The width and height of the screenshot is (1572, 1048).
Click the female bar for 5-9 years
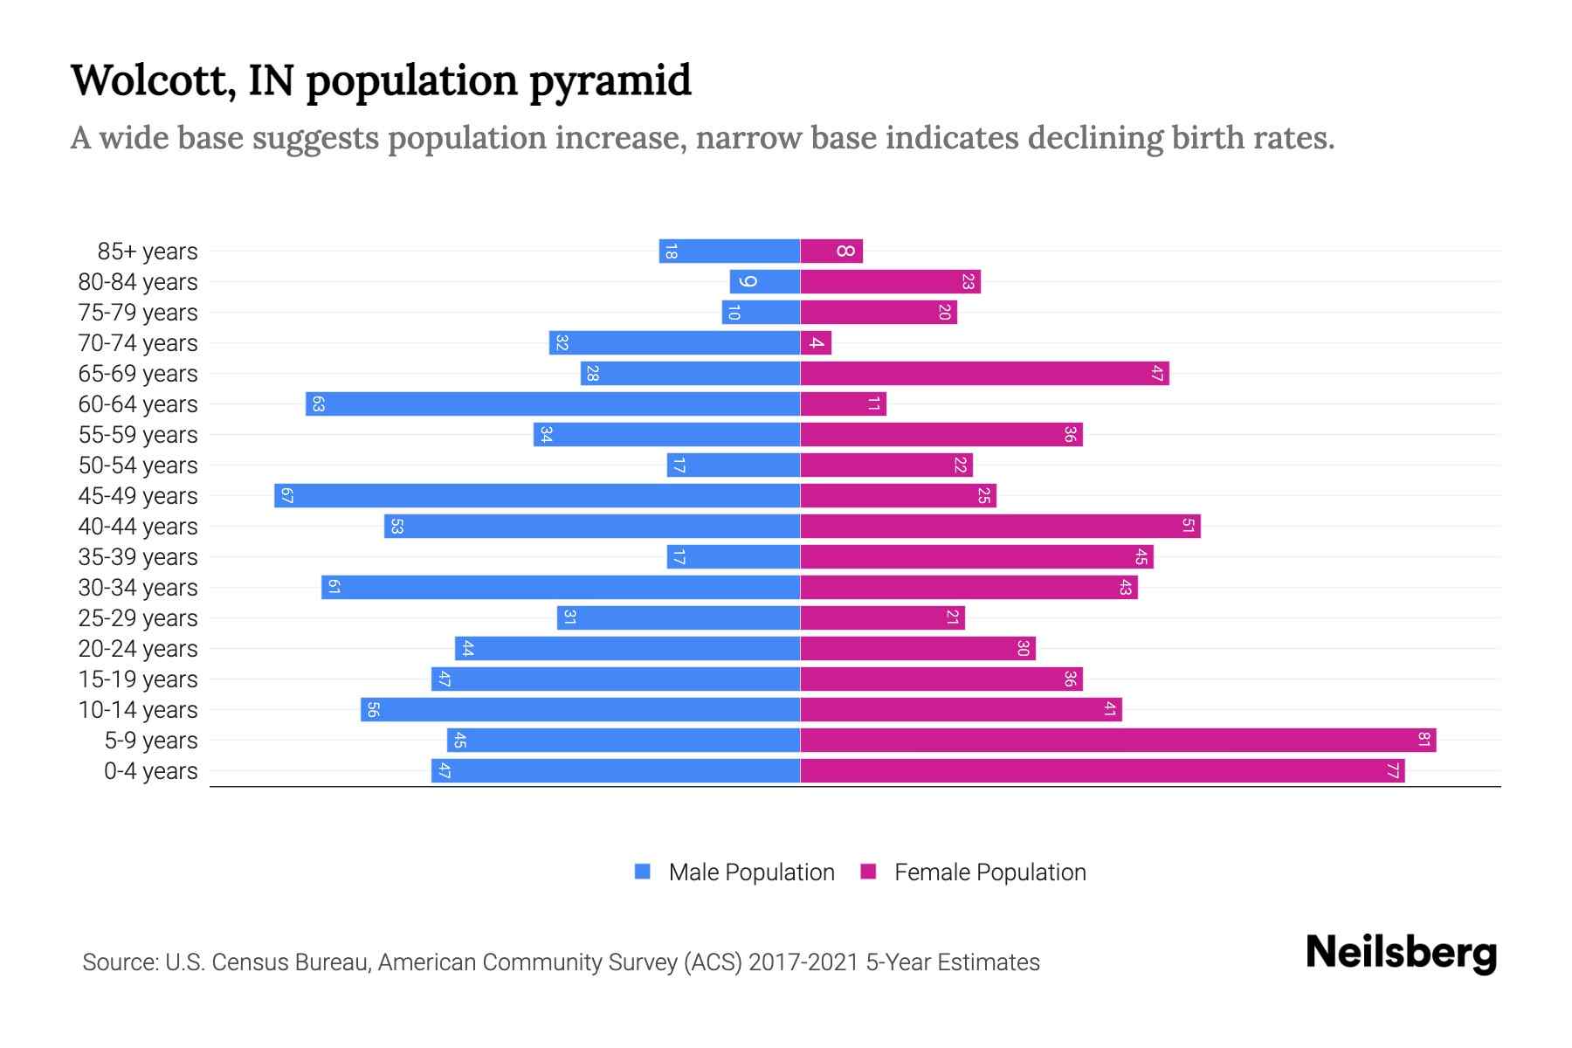coord(1118,741)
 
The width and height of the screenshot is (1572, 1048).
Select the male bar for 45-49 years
coord(537,496)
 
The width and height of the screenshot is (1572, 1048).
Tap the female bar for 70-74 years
coord(816,343)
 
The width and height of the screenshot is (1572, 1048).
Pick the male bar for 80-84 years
coord(765,282)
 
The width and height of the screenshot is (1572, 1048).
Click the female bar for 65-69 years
coord(984,374)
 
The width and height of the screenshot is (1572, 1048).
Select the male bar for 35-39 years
coord(734,557)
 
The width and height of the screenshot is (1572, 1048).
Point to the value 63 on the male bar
coord(318,404)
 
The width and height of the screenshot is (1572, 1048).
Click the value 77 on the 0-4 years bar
coord(1393,771)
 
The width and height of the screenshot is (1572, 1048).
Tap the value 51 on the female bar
coord(1189,527)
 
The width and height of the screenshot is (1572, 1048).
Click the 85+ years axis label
coord(147,252)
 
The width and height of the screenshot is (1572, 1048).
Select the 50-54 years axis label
coord(138,465)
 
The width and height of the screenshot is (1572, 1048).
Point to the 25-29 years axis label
coord(138,618)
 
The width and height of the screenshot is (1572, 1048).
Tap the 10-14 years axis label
coord(138,710)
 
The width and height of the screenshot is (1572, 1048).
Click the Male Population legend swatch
coord(643,872)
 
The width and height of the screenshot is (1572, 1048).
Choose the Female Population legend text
coord(989,872)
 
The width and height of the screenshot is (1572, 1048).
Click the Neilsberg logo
coord(1401,953)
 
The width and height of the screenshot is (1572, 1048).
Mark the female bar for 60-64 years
coord(843,404)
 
